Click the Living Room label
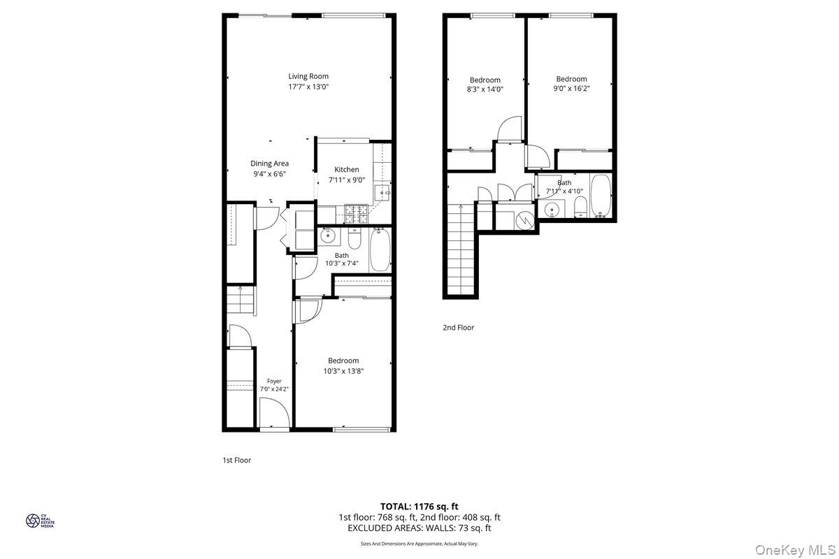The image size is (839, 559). (x=308, y=76)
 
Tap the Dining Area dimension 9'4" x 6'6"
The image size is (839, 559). (x=270, y=174)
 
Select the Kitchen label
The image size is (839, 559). (x=347, y=169)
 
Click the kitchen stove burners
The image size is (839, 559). (x=356, y=214)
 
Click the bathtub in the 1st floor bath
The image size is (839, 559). (x=380, y=249)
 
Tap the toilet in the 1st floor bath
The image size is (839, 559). (x=354, y=238)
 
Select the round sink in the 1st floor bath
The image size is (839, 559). (x=328, y=236)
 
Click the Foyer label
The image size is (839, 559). (x=274, y=381)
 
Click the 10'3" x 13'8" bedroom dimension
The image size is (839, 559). (x=343, y=371)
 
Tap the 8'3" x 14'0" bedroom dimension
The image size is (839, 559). (x=485, y=89)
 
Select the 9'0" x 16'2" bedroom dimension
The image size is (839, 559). (x=571, y=89)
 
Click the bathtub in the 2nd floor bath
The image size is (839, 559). (x=601, y=196)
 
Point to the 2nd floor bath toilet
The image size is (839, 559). (x=580, y=206)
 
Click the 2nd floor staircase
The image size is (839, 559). (x=461, y=249)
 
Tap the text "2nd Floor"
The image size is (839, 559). (x=459, y=328)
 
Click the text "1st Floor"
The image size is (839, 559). (x=237, y=460)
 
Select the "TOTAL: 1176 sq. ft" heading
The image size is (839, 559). (x=419, y=507)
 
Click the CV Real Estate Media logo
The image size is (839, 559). (x=40, y=521)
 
